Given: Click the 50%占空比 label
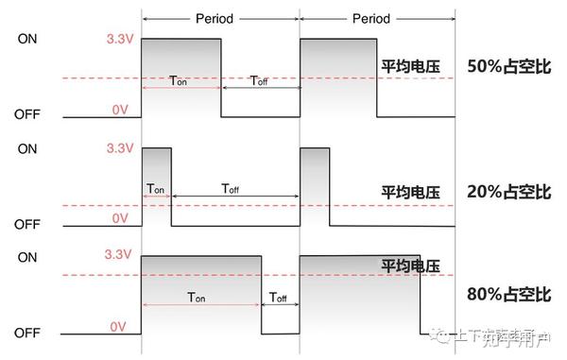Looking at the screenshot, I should pyautogui.click(x=508, y=67).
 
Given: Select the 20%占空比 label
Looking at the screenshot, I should pyautogui.click(x=508, y=192).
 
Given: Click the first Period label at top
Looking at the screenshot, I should pyautogui.click(x=215, y=18).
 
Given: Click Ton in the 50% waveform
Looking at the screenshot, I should pyautogui.click(x=180, y=81).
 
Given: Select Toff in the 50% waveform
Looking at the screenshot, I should pyautogui.click(x=259, y=81).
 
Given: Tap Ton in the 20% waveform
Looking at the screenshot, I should pyautogui.click(x=156, y=188).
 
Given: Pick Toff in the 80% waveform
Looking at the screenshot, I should pyautogui.click(x=278, y=297).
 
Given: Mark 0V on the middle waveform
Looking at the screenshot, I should pyautogui.click(x=120, y=218).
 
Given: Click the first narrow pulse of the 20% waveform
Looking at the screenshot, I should pyautogui.click(x=156, y=170).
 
